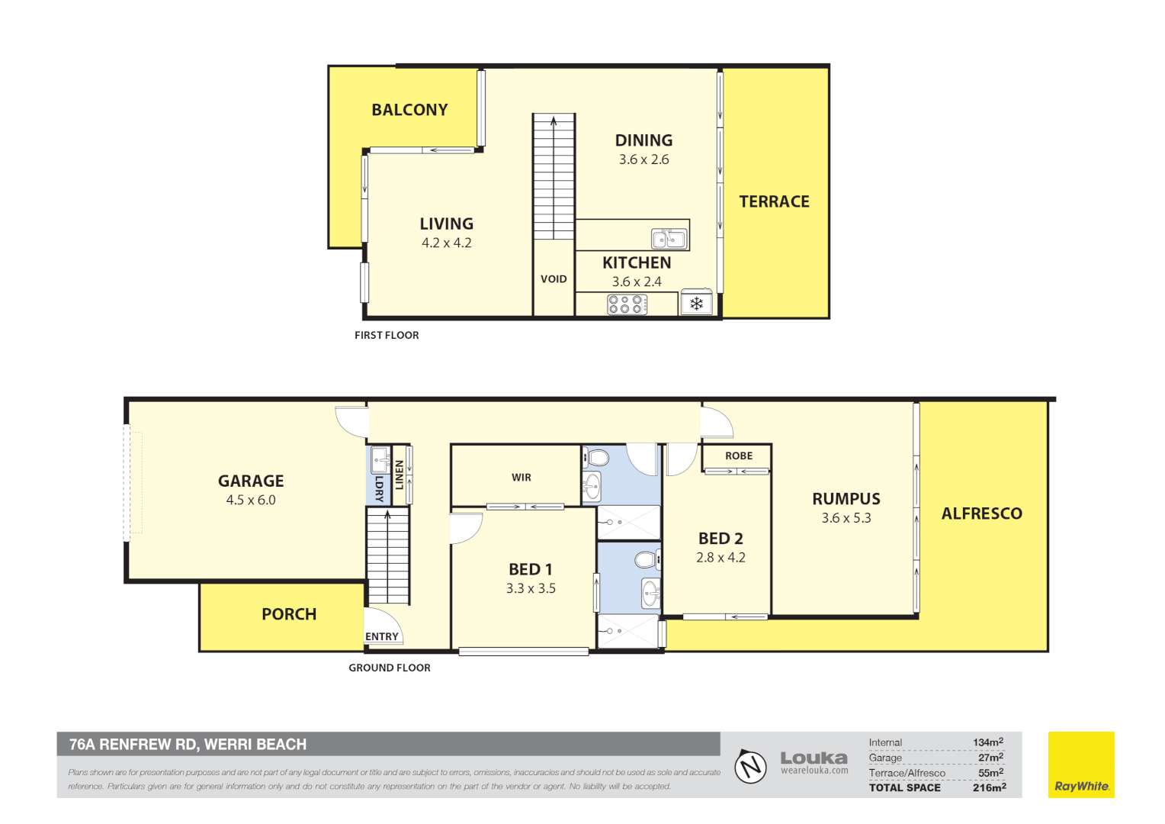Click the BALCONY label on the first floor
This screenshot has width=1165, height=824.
pos(409,110)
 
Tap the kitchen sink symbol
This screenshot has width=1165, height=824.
pos(669,239)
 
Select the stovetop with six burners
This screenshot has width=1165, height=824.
pos(627,304)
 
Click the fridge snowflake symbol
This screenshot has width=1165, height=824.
pos(696,304)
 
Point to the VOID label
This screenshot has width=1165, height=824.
pos(554,279)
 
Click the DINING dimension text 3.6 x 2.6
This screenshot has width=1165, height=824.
pos(643,159)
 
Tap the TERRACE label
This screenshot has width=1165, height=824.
pos(774,201)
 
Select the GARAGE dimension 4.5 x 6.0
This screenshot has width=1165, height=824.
pos(251,501)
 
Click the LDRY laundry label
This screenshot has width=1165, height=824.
pos(379,488)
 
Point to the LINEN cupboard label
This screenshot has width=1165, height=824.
pos(399,475)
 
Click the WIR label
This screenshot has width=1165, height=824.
pos(522,478)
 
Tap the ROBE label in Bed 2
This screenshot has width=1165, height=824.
pos(738,455)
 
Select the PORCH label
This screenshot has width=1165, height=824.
pos(289,614)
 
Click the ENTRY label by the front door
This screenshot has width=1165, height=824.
pos(381,636)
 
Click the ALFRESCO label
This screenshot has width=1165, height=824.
pos(981,513)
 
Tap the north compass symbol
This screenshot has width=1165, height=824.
pos(750,765)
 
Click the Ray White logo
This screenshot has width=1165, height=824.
pos(1080,765)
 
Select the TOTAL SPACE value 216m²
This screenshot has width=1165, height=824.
pos(989,787)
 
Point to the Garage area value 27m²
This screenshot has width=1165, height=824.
pos(990,758)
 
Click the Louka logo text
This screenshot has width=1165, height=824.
pos(814,758)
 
